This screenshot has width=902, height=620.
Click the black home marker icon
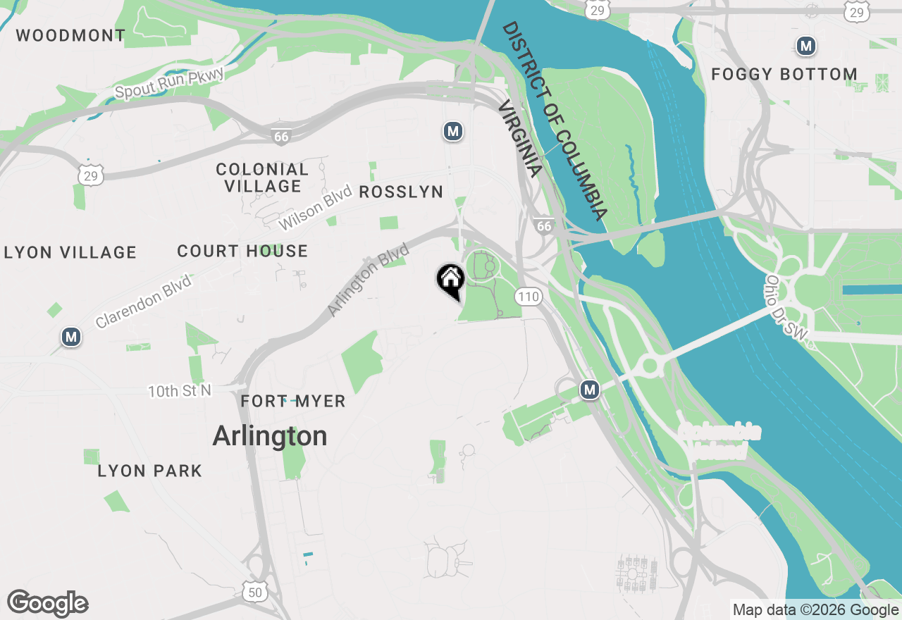point(450,280)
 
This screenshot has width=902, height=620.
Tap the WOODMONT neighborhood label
point(70,35)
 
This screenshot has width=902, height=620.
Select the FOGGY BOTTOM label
point(784,74)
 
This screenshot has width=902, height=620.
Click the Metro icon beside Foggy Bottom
point(805,46)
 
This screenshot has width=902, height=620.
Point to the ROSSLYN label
point(401,192)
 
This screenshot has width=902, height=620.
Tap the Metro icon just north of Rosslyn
point(452,131)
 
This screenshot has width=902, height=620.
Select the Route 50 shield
point(254,592)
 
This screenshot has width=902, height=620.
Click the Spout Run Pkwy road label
point(169,83)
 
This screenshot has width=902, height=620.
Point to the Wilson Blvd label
point(314,208)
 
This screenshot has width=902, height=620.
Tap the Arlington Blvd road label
point(368,280)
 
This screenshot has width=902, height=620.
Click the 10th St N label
point(180,390)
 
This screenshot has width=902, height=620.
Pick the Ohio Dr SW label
point(784,311)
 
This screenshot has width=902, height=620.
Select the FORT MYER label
point(293,402)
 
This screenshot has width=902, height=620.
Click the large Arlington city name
point(270,436)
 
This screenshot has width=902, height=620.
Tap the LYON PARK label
point(150,471)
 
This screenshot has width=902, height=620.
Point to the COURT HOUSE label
point(242,252)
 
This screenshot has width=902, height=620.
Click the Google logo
point(48,604)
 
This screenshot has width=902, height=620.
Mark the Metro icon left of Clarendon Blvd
point(70,337)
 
